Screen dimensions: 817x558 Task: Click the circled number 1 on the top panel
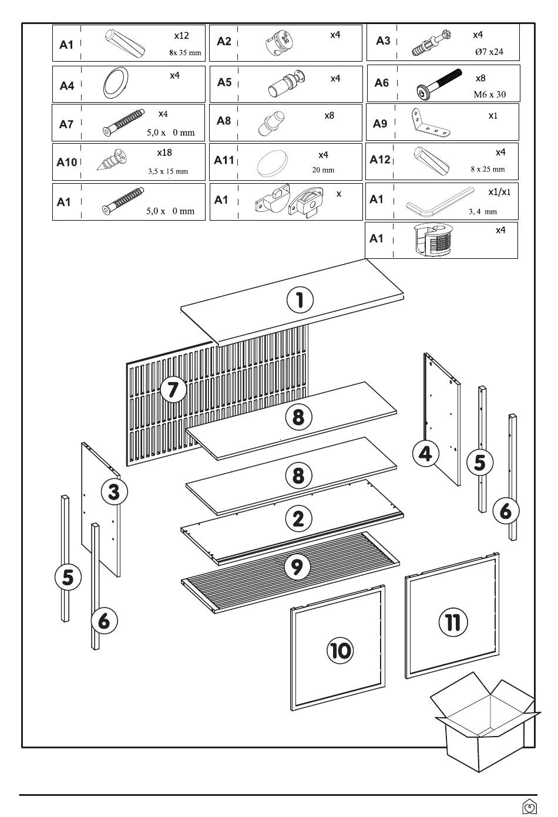(300, 300)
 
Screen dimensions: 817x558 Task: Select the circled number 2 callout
(298, 518)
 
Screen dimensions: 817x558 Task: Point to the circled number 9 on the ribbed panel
(297, 566)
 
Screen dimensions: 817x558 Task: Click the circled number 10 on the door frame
(341, 650)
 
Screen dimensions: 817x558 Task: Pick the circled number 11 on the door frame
(453, 622)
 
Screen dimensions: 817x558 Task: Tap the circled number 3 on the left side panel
(114, 491)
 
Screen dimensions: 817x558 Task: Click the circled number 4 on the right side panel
(426, 453)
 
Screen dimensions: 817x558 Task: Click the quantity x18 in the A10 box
(164, 153)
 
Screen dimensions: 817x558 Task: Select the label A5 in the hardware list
(224, 82)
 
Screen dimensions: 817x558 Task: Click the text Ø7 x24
(489, 52)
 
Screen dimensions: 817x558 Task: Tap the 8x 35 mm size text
(185, 53)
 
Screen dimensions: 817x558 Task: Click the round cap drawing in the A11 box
(274, 162)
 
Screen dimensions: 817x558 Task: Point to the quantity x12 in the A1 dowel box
(181, 36)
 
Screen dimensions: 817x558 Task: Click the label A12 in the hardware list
(380, 160)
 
